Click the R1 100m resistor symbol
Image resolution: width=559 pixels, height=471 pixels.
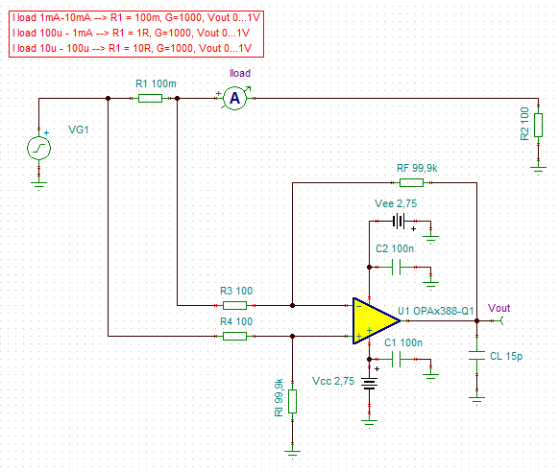(150, 98)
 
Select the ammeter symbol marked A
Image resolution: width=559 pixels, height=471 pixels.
(234, 98)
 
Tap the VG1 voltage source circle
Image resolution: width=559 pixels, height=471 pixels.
(38, 148)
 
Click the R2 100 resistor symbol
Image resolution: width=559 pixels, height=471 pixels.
(538, 125)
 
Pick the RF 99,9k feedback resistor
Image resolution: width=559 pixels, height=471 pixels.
(411, 183)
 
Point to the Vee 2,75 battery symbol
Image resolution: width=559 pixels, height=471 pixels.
(399, 221)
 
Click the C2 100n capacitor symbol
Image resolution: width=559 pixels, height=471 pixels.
(396, 267)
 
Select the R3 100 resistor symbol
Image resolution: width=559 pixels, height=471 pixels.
(234, 305)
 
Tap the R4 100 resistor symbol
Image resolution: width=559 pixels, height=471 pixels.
(234, 336)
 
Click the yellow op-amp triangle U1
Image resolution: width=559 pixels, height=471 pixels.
(375, 320)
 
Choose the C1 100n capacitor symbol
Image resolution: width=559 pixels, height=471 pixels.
(396, 359)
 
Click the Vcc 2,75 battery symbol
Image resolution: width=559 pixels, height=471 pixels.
(370, 384)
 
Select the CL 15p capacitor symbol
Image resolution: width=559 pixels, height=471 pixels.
(477, 355)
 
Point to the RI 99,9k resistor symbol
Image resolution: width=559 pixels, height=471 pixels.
(292, 402)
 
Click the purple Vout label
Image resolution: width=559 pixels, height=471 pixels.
(498, 308)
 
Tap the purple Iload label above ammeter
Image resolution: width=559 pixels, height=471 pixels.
(240, 73)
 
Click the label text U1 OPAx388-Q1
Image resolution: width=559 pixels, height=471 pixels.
(436, 311)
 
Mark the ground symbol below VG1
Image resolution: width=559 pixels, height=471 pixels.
(38, 186)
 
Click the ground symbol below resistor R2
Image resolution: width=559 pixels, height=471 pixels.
(538, 170)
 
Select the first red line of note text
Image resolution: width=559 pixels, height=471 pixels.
(136, 17)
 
